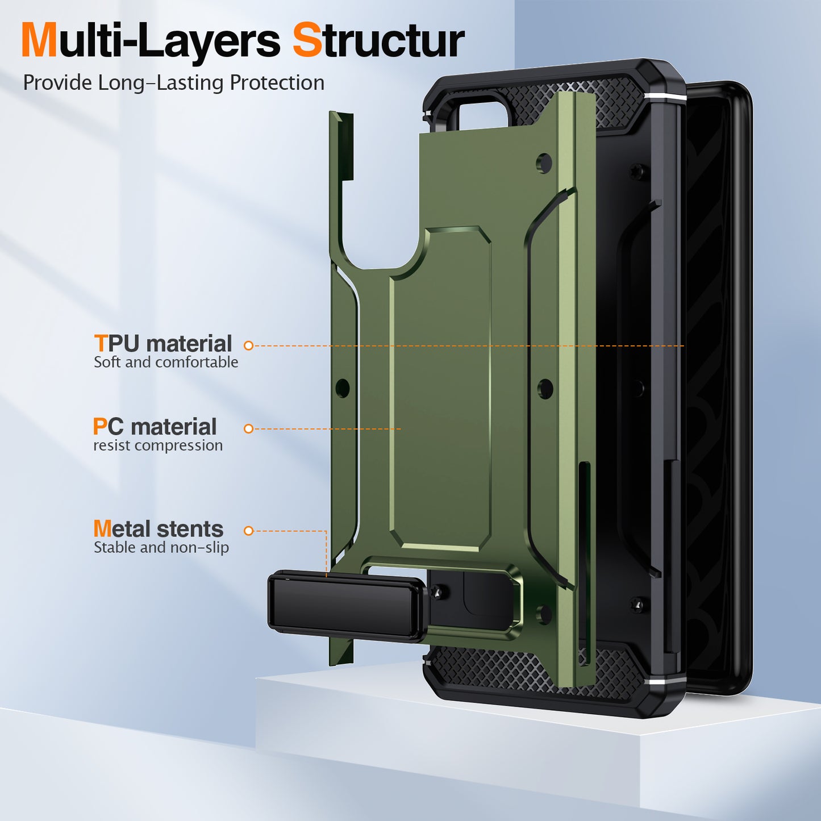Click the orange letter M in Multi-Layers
point(39,41)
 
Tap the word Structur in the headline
point(378,41)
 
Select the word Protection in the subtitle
point(277,83)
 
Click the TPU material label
point(163,344)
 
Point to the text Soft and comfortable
point(166,362)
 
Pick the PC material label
point(155,427)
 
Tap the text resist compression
point(158,445)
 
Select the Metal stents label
point(159,529)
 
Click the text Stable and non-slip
point(161,548)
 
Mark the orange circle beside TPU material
point(248,345)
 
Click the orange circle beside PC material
point(248,429)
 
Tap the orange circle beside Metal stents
point(248,531)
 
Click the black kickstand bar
point(347,607)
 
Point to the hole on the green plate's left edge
point(343,389)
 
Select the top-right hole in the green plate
point(544,163)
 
